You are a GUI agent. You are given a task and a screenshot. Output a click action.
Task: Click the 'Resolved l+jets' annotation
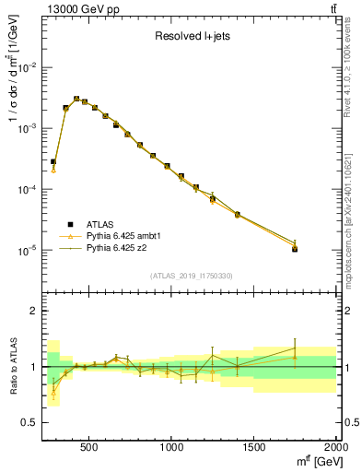tap(191, 38)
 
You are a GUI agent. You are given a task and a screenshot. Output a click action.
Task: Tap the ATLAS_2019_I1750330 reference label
tap(190, 276)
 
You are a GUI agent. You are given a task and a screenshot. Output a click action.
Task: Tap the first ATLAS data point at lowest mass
tap(53, 161)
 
